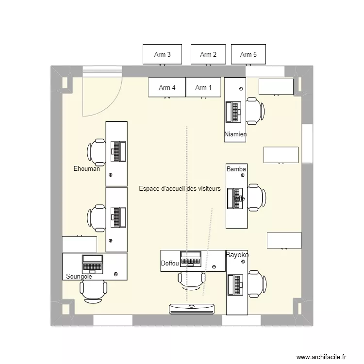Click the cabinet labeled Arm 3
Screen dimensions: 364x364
162,54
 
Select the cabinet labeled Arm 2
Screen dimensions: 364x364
208,54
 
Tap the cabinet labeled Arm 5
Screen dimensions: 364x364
248,54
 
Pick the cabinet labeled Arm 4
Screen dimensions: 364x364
167,87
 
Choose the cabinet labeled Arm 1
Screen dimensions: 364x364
203,87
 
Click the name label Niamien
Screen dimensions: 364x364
235,134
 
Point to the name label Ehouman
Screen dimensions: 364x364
86,169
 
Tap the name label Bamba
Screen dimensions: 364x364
236,169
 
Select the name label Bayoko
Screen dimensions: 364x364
237,255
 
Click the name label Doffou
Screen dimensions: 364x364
170,264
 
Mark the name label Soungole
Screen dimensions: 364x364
79,277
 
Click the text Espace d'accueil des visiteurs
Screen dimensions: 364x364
180,188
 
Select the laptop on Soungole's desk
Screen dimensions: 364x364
92,264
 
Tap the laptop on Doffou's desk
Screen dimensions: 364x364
191,259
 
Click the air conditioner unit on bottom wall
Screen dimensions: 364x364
192,308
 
